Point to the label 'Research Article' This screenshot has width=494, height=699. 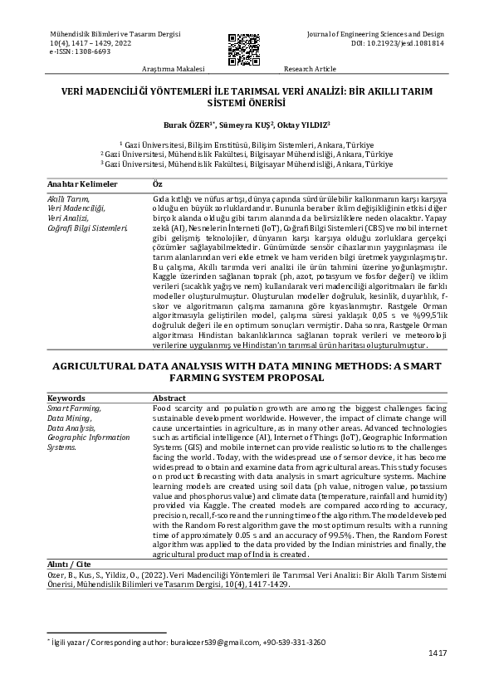[311, 70]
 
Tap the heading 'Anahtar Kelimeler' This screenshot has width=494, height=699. [82, 183]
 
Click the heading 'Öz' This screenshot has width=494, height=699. [159, 183]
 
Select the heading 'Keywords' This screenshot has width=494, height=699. [66, 398]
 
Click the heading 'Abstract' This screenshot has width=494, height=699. [169, 398]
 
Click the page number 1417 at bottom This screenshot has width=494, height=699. [438, 653]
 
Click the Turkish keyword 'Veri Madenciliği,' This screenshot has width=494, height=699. [76, 208]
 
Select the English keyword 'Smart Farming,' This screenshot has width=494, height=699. [74, 408]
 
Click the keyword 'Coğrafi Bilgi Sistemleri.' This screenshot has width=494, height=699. [87, 227]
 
